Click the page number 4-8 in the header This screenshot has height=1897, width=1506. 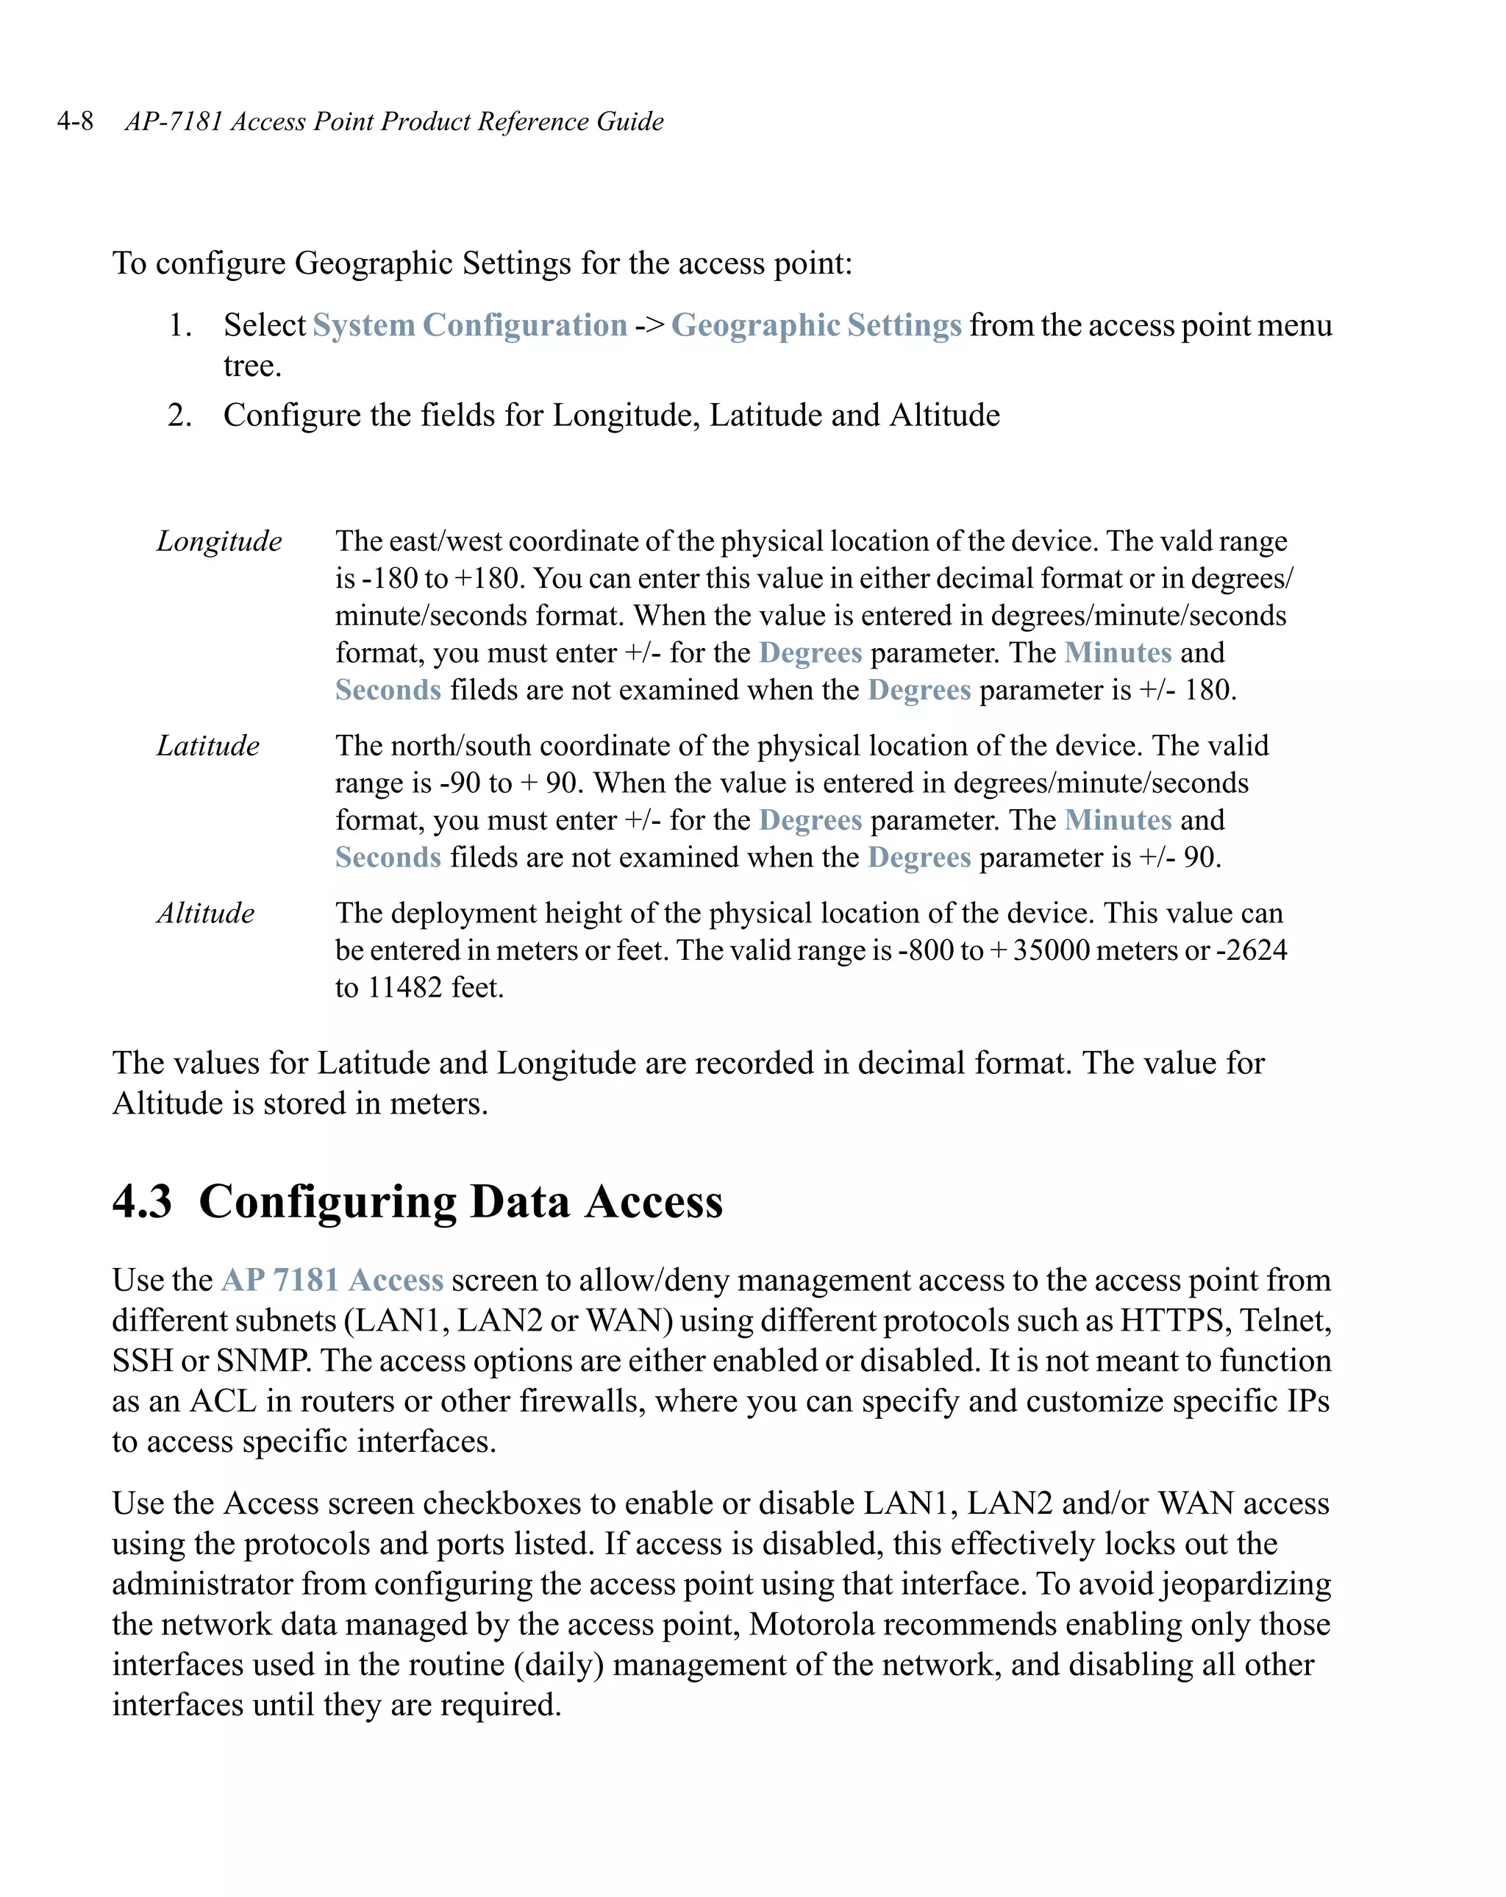(75, 121)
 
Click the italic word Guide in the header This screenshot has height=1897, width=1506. (630, 121)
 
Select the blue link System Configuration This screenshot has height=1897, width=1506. (470, 326)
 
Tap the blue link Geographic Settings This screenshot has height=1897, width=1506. (816, 326)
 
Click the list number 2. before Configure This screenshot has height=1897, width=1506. (179, 416)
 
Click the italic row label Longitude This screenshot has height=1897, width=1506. (219, 541)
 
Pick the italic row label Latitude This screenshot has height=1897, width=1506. (207, 746)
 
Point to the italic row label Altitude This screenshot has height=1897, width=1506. (205, 914)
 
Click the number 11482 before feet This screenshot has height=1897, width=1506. (404, 988)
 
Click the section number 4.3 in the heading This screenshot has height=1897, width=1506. (142, 1202)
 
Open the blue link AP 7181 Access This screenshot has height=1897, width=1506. (332, 1280)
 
